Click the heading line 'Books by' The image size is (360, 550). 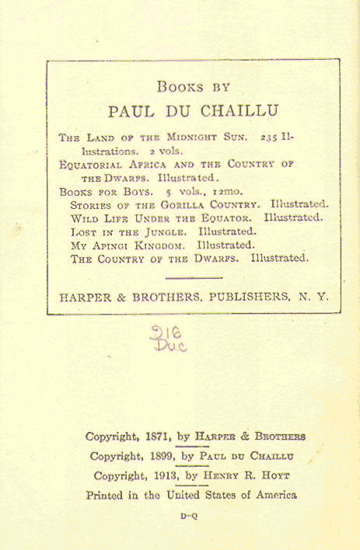tap(194, 87)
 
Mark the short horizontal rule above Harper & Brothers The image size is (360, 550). tap(194, 277)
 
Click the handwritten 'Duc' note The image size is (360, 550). tap(172, 346)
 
